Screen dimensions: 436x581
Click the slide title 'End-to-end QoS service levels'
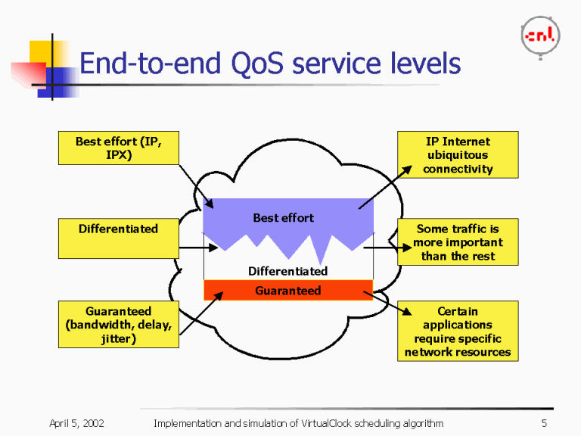click(x=269, y=64)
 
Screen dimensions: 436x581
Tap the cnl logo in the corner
click(x=539, y=35)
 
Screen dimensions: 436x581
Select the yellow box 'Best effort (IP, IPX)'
click(x=119, y=148)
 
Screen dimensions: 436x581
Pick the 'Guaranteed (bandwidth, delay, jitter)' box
click(x=119, y=325)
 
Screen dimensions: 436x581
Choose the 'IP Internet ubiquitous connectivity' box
click(x=458, y=155)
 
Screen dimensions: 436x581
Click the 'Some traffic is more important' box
click(x=458, y=242)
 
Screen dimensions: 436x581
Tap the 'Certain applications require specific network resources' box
click(x=458, y=332)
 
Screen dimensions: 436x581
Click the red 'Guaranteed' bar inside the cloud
click(x=288, y=291)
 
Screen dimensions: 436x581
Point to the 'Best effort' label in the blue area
click(x=283, y=218)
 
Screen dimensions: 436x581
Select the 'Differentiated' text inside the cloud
click(x=287, y=271)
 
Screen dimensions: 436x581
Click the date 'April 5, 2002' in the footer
click(x=76, y=423)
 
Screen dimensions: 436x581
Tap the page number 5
click(x=544, y=423)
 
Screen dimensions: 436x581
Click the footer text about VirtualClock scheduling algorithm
click(x=298, y=423)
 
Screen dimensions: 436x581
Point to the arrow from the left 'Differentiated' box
click(x=198, y=248)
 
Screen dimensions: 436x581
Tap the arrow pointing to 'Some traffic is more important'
click(x=380, y=248)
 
